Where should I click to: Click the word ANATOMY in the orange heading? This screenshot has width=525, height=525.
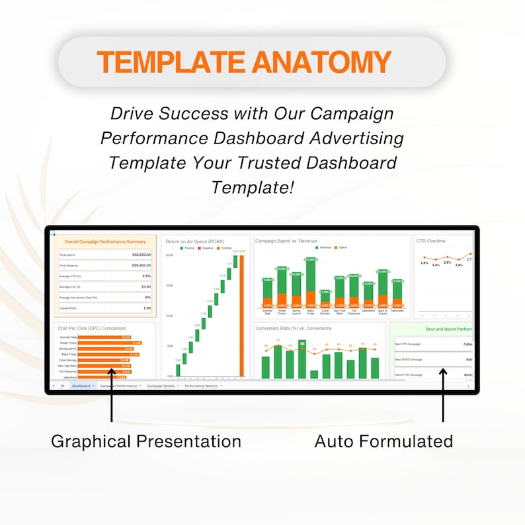pyautogui.click(x=321, y=62)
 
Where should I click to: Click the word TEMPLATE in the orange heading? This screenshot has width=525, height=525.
pyautogui.click(x=171, y=62)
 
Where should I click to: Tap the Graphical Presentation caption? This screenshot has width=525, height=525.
pyautogui.click(x=146, y=441)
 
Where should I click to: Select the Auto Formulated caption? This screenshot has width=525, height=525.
pyautogui.click(x=384, y=441)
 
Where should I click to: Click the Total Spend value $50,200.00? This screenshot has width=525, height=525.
pyautogui.click(x=141, y=255)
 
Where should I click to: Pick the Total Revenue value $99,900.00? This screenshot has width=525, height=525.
pyautogui.click(x=141, y=265)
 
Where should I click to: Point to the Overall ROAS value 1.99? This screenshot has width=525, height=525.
pyautogui.click(x=146, y=308)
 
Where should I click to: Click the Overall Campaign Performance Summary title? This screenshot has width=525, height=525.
pyautogui.click(x=105, y=242)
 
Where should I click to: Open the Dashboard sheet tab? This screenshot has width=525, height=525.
pyautogui.click(x=82, y=385)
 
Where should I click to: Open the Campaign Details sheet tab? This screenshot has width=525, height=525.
pyautogui.click(x=161, y=385)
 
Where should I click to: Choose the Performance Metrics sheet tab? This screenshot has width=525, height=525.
pyautogui.click(x=201, y=385)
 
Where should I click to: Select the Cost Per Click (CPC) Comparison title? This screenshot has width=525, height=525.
pyautogui.click(x=92, y=328)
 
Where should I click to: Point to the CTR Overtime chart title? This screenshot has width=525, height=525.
pyautogui.click(x=430, y=241)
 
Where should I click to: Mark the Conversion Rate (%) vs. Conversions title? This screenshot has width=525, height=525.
pyautogui.click(x=294, y=328)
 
